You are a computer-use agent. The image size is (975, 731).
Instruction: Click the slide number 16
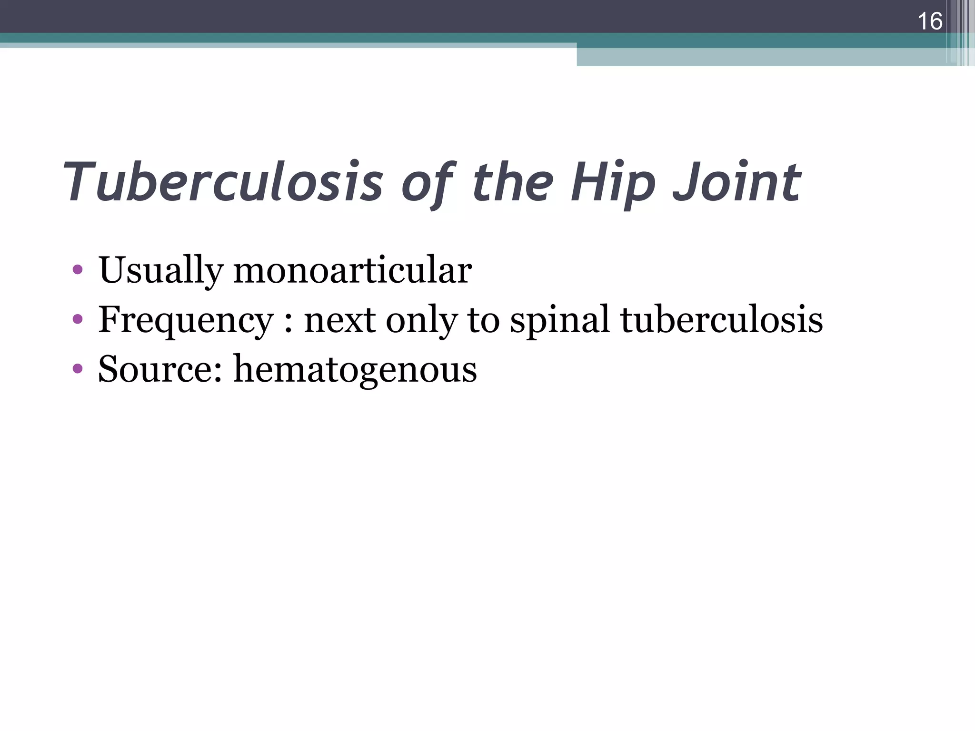pyautogui.click(x=929, y=21)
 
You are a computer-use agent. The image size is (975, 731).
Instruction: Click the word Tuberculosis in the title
pyautogui.click(x=223, y=182)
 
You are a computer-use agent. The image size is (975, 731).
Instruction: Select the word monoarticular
pyautogui.click(x=352, y=270)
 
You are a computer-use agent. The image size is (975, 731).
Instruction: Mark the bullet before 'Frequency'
pyautogui.click(x=78, y=319)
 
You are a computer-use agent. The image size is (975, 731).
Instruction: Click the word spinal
pyautogui.click(x=560, y=320)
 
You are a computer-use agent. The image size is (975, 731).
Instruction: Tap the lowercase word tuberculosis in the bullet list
pyautogui.click(x=721, y=319)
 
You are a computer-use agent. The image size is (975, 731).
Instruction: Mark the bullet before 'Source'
pyautogui.click(x=78, y=368)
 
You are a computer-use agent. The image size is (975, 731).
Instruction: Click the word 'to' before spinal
pyautogui.click(x=484, y=320)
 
